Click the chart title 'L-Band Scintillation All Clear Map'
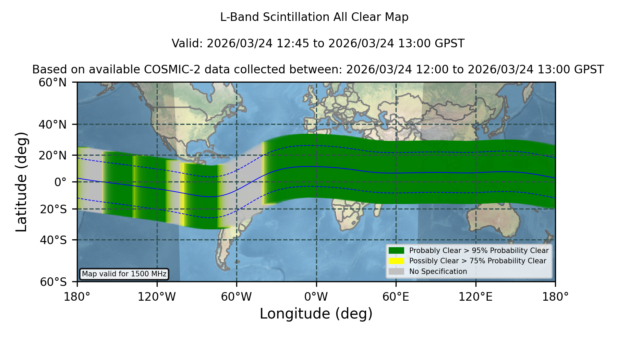[x=314, y=17]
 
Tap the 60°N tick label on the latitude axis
[x=52, y=83]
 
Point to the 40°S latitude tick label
[x=53, y=240]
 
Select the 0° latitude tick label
[x=60, y=182]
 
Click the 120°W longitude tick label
[x=157, y=297]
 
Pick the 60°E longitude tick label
[x=396, y=297]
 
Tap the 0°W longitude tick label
[x=316, y=297]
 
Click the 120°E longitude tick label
[x=475, y=297]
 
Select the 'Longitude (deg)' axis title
[x=316, y=314]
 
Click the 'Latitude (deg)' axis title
[x=21, y=182]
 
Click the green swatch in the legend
[x=396, y=251]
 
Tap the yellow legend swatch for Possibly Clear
[x=396, y=261]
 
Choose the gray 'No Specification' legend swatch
[x=396, y=272]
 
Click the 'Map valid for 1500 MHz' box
[x=124, y=274]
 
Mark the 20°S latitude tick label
[x=53, y=209]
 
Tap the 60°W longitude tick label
[x=237, y=297]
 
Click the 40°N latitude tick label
[x=52, y=124]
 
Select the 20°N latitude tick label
[x=52, y=155]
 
